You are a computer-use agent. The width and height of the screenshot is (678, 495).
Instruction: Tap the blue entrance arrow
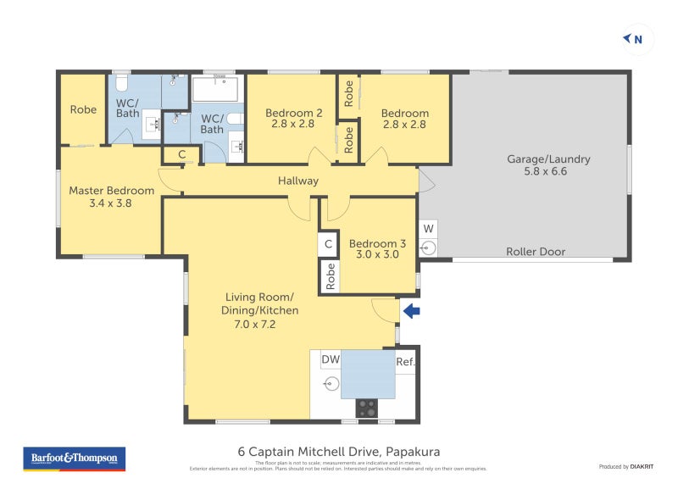pos(411,311)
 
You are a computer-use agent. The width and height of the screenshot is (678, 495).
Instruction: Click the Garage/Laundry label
pos(548,164)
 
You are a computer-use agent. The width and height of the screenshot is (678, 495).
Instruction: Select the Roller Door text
pos(536,252)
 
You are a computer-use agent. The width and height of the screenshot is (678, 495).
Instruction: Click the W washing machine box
pos(428,228)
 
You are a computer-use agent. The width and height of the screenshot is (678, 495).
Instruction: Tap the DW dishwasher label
pos(331,360)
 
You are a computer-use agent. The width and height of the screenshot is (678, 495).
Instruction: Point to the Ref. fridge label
pos(406,362)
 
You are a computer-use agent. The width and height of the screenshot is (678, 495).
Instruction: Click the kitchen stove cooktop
pos(366,408)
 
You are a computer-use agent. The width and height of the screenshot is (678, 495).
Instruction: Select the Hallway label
pos(298,181)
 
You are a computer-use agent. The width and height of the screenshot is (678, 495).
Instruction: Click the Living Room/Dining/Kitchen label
pos(260,310)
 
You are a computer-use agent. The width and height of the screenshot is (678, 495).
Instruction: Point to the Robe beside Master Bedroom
pos(83,109)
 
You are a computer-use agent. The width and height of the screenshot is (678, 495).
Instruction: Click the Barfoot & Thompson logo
pos(74,459)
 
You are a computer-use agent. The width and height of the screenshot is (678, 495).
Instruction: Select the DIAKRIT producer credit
pos(625,467)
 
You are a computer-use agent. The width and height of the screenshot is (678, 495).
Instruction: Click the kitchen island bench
pos(368,374)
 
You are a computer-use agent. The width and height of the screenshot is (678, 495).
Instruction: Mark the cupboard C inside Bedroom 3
pos(328,244)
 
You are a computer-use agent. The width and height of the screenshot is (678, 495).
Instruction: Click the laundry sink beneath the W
pos(428,247)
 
